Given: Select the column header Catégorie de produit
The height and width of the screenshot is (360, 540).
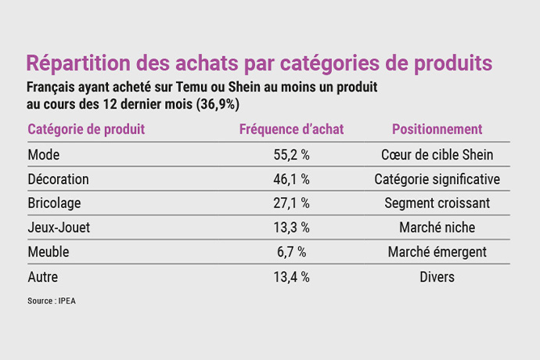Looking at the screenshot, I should point(86,129).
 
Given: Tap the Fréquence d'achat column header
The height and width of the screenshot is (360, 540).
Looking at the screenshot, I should point(291,129).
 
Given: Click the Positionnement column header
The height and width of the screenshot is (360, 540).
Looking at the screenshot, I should point(437,129).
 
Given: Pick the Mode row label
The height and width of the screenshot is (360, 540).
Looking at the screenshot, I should point(43,155).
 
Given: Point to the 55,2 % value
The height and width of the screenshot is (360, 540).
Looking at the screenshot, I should point(291,155).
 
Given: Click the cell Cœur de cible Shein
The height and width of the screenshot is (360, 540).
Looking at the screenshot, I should point(437,155).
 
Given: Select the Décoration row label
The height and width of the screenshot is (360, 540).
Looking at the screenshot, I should point(58,179).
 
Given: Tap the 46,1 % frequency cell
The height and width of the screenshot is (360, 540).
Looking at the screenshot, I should point(291,179).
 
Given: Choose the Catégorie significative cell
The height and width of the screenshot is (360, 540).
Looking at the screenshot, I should point(437,179).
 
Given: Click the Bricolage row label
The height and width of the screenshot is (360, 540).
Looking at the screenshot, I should point(54,203).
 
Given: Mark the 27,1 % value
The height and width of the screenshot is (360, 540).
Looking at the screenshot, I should point(291,203).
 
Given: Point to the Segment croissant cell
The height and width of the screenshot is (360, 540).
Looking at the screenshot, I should point(437,203).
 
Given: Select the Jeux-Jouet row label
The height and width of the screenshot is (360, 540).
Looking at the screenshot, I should point(59,228).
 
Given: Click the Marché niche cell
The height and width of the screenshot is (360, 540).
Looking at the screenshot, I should point(437,228).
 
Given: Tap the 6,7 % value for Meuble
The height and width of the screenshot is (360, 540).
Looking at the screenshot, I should point(291,252).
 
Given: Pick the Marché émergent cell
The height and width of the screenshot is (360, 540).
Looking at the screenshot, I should point(437,252).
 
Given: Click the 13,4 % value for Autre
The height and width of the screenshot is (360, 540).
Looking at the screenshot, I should point(291,276).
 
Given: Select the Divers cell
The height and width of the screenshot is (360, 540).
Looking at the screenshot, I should point(437,276).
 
